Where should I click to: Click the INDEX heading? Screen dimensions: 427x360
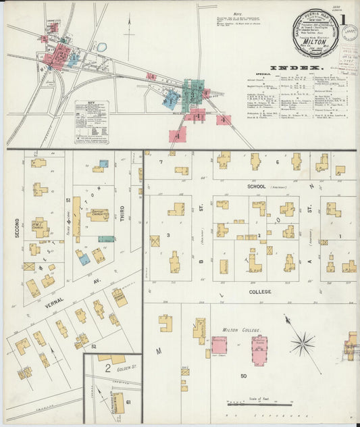[297, 68]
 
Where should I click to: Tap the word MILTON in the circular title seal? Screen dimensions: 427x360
[317, 41]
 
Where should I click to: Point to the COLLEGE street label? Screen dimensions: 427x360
[259, 292]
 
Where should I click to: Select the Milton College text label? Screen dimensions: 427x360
[241, 330]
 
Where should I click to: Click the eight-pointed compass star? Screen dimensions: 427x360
[302, 343]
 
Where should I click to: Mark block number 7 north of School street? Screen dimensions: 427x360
[161, 163]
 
